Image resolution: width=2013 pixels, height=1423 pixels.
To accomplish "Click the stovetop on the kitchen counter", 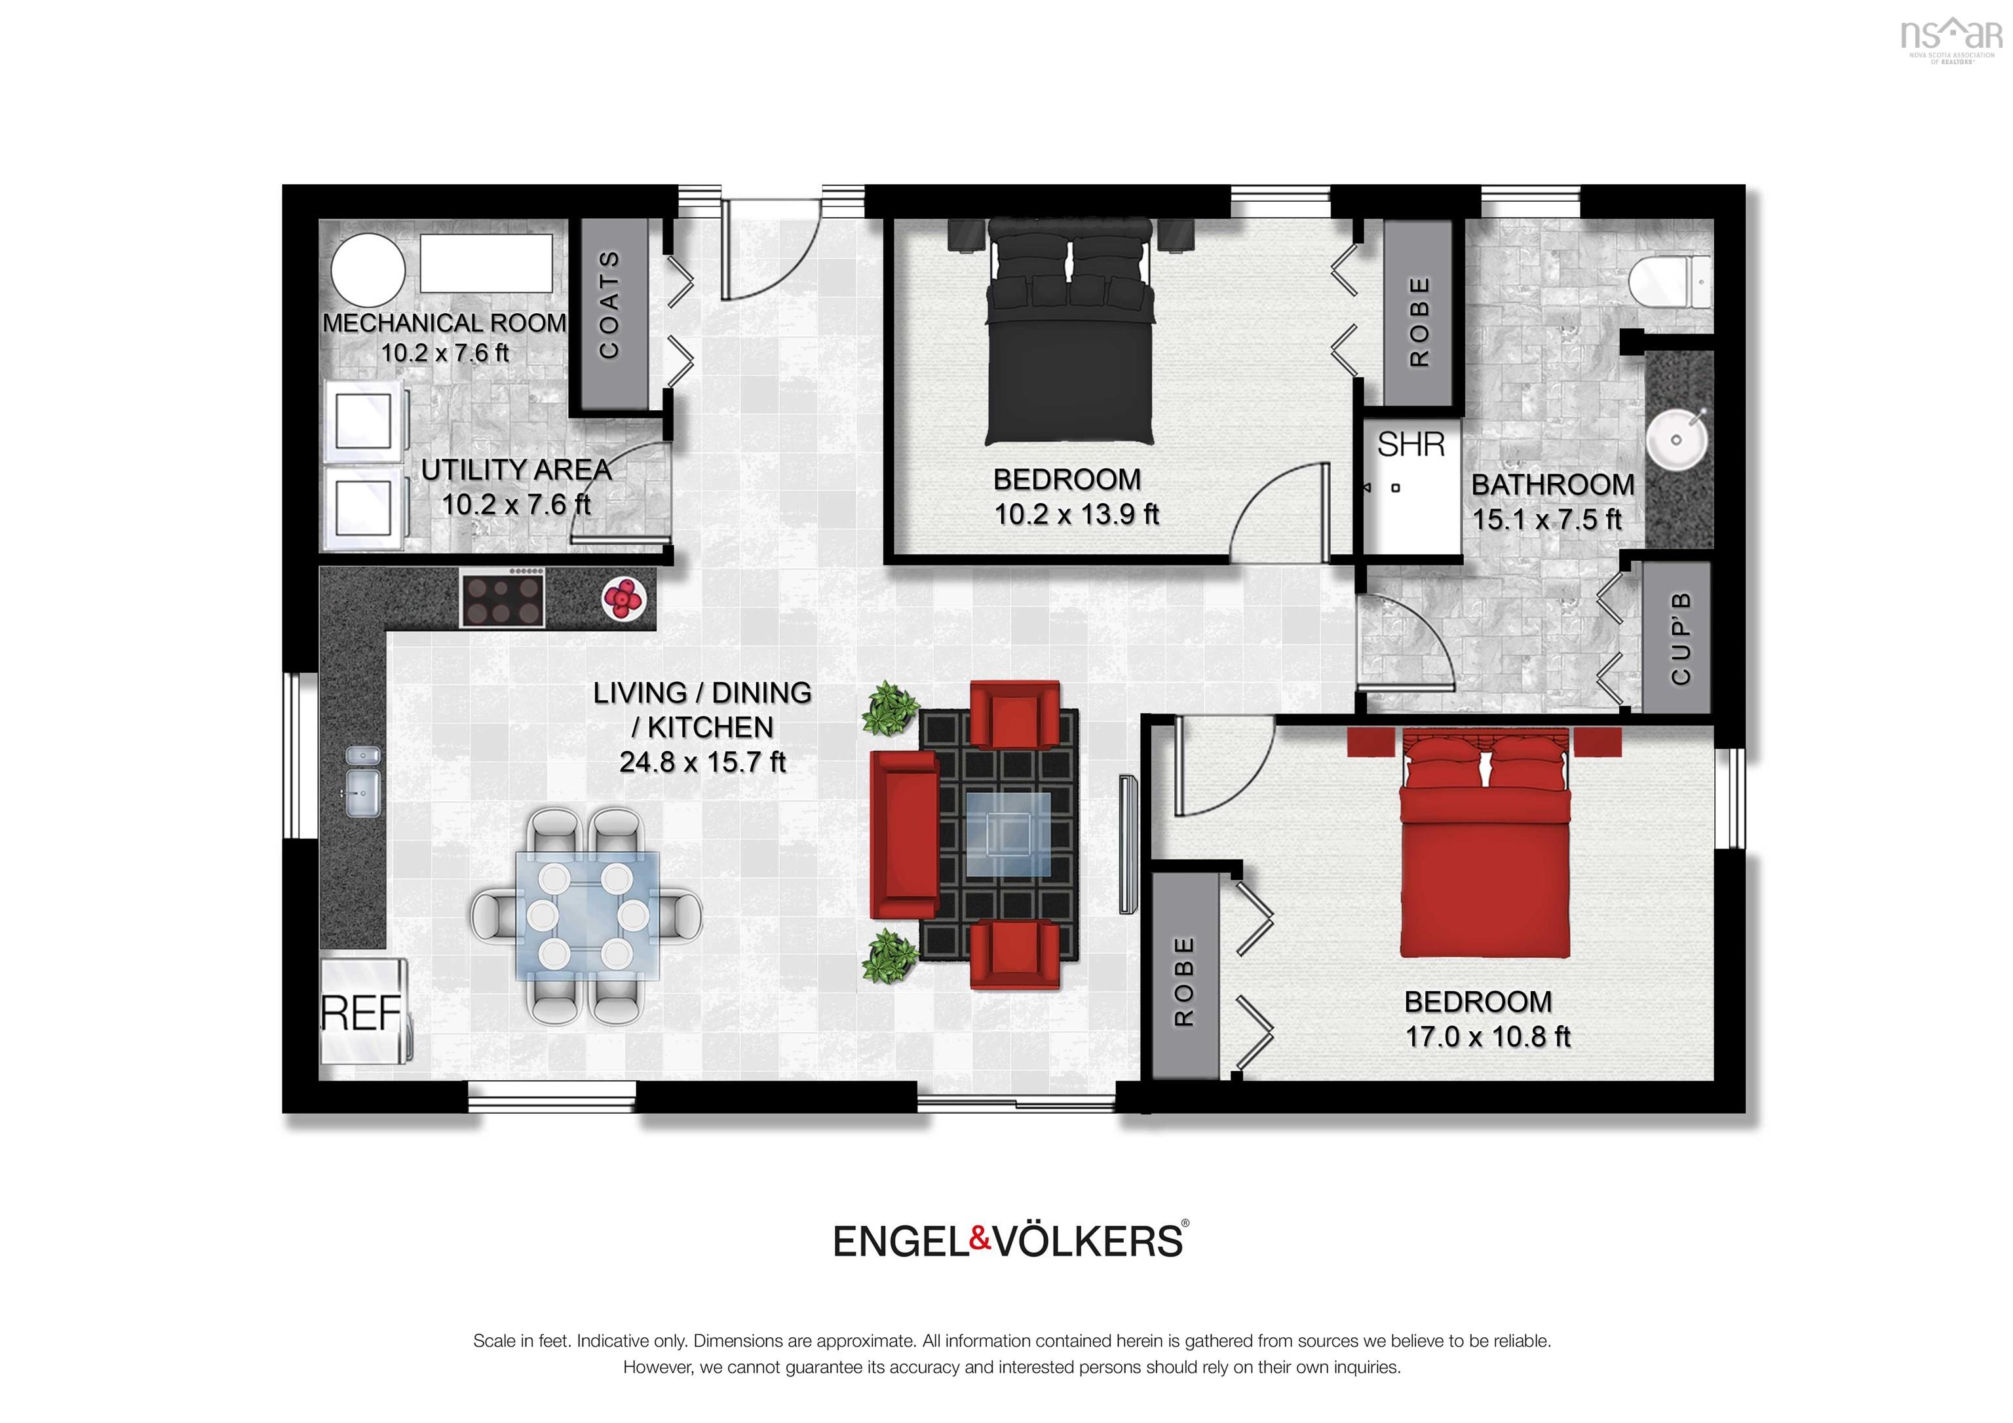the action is click(503, 597).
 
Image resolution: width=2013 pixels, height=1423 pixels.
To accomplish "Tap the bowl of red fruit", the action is click(623, 598).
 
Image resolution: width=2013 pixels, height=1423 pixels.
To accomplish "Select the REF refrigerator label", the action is click(361, 1014).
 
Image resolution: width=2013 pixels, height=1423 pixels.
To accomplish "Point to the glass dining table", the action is click(586, 915).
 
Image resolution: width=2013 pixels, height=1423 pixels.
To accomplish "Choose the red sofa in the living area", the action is click(904, 835).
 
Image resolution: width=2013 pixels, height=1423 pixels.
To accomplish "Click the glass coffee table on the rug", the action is click(1008, 835).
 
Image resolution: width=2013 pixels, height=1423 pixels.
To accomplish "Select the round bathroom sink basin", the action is click(1676, 440).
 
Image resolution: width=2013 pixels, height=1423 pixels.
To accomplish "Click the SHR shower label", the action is click(1411, 446).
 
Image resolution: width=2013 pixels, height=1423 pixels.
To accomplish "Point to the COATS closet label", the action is click(609, 305).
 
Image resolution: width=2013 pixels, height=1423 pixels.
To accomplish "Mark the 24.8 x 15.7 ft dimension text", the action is click(702, 763).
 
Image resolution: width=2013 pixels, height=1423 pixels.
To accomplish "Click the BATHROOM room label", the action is click(1553, 485).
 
